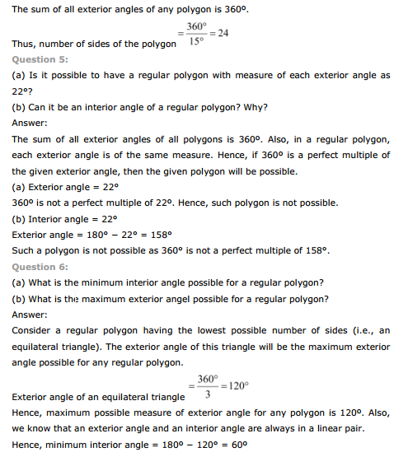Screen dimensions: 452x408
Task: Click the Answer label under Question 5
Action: coord(30,123)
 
